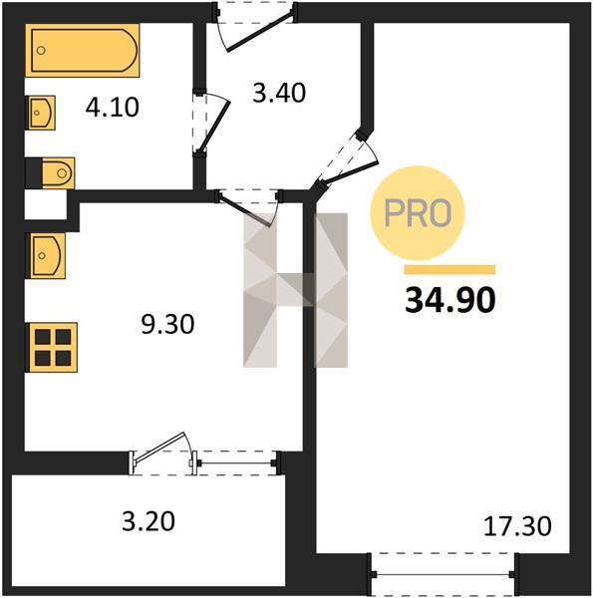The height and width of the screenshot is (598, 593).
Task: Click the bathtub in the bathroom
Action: pos(83,51)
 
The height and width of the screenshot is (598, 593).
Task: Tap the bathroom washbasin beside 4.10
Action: pos(41,113)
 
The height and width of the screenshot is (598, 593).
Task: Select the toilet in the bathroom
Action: pos(58,173)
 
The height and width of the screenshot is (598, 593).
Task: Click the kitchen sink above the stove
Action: pos(46,255)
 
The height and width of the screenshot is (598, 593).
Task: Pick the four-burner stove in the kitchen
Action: pos(52,348)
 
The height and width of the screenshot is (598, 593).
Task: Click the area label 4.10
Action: pos(112,108)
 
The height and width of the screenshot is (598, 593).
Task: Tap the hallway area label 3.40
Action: pos(279,93)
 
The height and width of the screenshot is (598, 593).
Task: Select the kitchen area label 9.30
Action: pos(167,325)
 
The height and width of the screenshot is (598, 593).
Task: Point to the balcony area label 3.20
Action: pos(148,521)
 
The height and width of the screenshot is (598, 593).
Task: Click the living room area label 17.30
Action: pos(517,526)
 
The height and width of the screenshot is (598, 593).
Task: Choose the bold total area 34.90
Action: pos(450,300)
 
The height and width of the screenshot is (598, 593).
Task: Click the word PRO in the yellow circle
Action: pos(418,213)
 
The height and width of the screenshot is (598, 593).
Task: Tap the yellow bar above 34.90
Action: pos(450,270)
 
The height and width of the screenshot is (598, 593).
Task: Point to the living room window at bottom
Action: pos(444,574)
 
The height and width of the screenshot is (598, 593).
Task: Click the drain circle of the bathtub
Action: pos(41,50)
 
